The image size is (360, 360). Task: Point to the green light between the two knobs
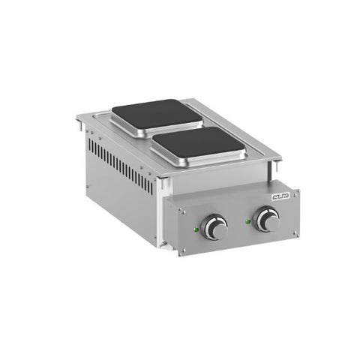click(245, 220)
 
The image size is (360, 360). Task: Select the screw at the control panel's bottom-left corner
click(181, 254)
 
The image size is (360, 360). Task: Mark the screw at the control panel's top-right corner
click(296, 189)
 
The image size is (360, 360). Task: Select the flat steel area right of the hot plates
click(240, 142)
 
